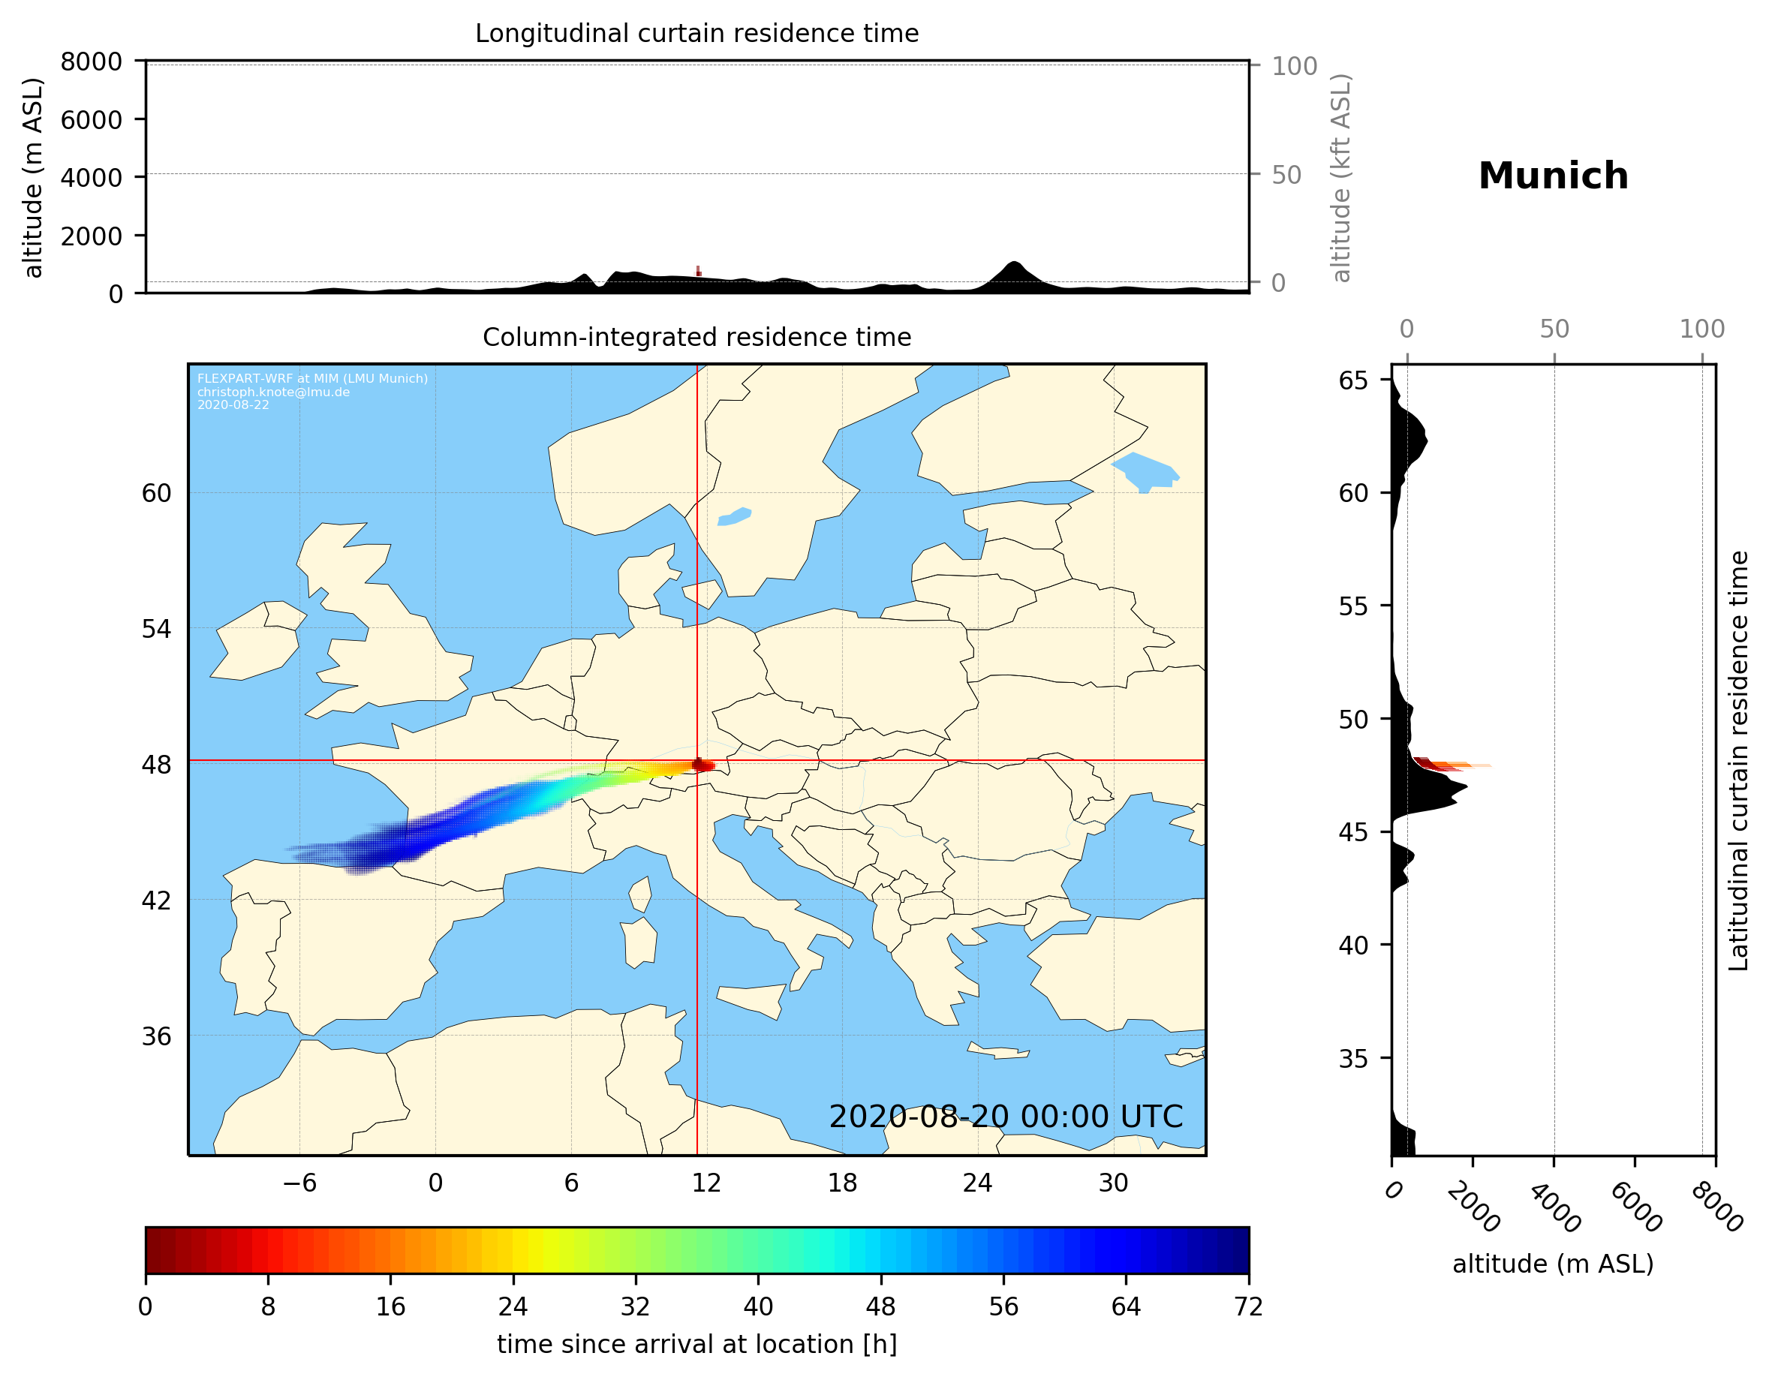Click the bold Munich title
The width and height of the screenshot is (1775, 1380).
1553,176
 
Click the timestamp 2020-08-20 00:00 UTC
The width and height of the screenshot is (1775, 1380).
1006,1117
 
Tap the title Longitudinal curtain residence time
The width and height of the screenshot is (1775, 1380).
696,33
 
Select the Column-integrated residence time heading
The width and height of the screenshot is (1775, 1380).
696,337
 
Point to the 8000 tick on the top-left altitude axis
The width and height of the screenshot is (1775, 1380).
91,62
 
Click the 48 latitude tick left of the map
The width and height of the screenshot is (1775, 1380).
156,765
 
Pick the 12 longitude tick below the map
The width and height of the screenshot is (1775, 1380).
706,1183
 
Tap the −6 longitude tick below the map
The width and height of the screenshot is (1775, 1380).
299,1183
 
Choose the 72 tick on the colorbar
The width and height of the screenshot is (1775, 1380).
1248,1307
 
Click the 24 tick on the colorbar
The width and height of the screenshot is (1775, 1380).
513,1307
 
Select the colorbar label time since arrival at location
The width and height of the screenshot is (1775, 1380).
696,1344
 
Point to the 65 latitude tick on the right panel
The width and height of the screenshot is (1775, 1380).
1353,380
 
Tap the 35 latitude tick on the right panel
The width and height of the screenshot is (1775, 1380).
1353,1058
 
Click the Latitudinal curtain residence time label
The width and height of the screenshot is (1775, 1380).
1738,761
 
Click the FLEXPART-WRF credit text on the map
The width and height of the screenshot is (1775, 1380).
312,379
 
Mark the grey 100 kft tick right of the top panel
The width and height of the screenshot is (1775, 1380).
1294,66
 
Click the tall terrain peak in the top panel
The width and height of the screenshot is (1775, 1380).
1013,266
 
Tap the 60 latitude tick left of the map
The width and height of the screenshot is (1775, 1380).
156,493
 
